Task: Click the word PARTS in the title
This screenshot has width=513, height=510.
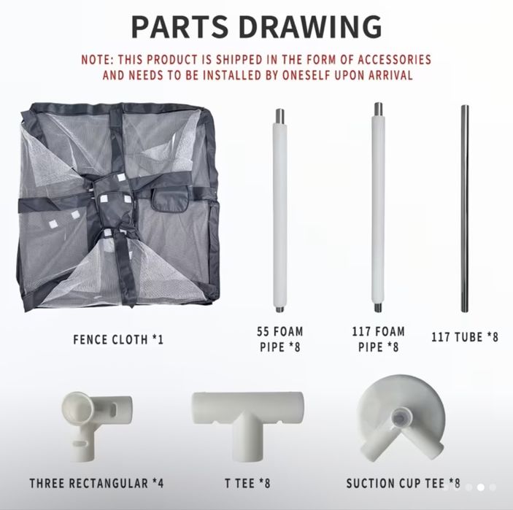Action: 180,26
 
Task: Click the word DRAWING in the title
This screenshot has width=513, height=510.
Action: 310,26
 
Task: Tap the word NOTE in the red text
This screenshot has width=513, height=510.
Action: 96,60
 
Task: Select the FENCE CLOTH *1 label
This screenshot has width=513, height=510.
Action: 118,339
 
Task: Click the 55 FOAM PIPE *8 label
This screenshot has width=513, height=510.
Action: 279,339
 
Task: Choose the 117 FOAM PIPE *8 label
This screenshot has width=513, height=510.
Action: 378,339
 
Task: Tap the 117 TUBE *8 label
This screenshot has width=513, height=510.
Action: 465,337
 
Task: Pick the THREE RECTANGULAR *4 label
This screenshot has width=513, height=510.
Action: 96,483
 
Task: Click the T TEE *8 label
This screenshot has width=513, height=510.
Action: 247,483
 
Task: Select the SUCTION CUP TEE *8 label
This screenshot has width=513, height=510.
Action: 403,483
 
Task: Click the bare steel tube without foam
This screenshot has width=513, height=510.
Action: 465,209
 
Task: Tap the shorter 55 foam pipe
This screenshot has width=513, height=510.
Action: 279,210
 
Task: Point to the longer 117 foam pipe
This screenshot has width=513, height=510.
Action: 378,207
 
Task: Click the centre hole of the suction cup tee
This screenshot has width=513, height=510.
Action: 399,417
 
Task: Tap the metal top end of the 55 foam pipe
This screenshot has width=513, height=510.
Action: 279,116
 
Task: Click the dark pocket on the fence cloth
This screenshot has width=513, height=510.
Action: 170,198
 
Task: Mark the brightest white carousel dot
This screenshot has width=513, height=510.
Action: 481,488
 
